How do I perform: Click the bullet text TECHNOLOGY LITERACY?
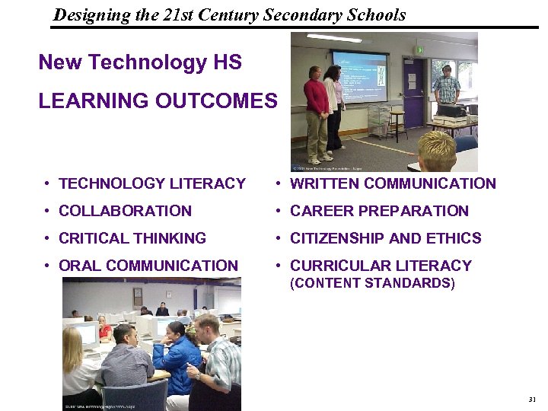(x=152, y=183)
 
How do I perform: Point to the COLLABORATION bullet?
(x=125, y=211)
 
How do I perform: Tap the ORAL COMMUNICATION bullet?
(x=148, y=266)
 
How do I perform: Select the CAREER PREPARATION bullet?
(x=380, y=211)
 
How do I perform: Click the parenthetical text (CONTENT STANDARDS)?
(x=372, y=284)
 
